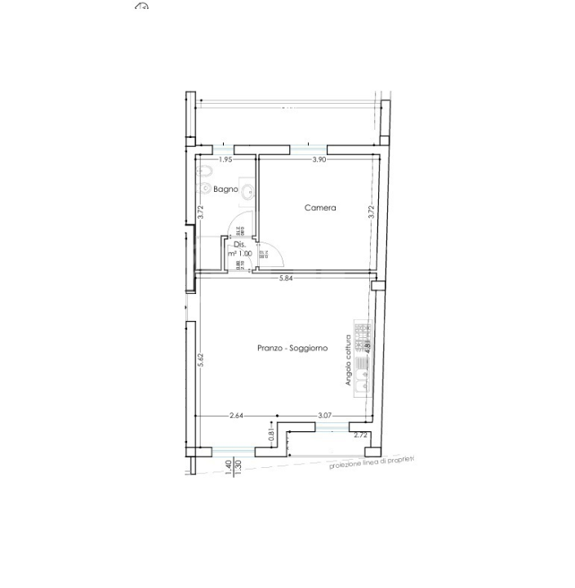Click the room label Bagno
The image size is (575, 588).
(225, 189)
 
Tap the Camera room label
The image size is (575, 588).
(320, 208)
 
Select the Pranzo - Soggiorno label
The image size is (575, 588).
(292, 348)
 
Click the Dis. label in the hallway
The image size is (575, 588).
(239, 244)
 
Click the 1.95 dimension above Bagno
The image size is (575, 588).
(225, 160)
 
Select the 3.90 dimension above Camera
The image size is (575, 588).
(319, 160)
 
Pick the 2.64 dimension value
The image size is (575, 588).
(237, 416)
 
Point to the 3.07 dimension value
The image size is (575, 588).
(323, 416)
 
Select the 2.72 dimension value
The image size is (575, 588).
(360, 435)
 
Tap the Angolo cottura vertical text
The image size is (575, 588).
(349, 359)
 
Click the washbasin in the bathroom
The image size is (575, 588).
(248, 189)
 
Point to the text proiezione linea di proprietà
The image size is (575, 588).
(372, 463)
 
